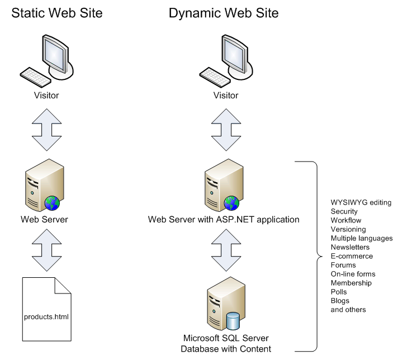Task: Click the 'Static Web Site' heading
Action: click(58, 13)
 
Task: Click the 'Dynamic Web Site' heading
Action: click(224, 13)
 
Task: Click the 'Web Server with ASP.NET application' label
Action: click(224, 220)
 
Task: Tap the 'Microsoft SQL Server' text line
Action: click(226, 339)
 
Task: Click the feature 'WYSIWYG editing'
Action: click(361, 202)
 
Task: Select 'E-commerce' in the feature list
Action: click(352, 256)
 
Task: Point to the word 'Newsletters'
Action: click(350, 247)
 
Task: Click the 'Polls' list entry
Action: click(339, 292)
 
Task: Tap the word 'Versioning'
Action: click(348, 229)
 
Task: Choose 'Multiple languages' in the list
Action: click(362, 238)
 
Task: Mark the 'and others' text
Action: click(348, 310)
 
